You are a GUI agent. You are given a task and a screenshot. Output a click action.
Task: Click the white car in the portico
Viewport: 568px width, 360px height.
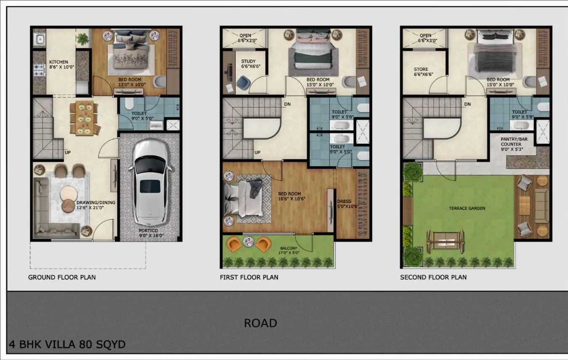tap(150, 183)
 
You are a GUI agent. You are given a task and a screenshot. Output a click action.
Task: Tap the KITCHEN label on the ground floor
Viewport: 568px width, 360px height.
tap(58, 62)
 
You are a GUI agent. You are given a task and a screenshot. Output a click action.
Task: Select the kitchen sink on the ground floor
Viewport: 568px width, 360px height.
tap(40, 39)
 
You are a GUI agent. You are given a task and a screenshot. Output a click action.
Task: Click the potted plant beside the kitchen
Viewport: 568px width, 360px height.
tap(82, 39)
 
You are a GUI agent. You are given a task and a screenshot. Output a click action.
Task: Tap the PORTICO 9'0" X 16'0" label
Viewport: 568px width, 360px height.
tap(151, 233)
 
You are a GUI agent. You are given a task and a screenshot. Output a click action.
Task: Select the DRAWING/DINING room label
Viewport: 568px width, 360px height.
tap(96, 205)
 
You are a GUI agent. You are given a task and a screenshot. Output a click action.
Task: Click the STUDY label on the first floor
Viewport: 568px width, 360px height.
tap(248, 61)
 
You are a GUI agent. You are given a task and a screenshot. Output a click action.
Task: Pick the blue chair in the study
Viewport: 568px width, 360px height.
tap(243, 82)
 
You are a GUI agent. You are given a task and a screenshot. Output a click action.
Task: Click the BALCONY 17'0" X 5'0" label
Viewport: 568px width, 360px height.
tap(289, 251)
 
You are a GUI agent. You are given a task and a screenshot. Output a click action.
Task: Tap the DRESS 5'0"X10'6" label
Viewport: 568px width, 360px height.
tap(348, 204)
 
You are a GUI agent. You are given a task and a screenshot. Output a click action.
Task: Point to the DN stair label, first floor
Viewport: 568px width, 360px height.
tap(287, 104)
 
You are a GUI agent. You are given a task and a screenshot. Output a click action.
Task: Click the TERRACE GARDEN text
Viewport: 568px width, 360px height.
tap(467, 209)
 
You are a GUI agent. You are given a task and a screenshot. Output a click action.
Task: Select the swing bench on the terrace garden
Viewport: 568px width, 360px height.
tap(446, 241)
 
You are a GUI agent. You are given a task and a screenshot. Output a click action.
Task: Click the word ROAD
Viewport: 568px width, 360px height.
tap(260, 323)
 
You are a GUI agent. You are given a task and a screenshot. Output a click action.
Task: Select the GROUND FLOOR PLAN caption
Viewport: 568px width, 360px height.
tap(62, 277)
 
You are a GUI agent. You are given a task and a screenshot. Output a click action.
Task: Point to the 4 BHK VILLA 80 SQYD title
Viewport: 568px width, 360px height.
tap(67, 344)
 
